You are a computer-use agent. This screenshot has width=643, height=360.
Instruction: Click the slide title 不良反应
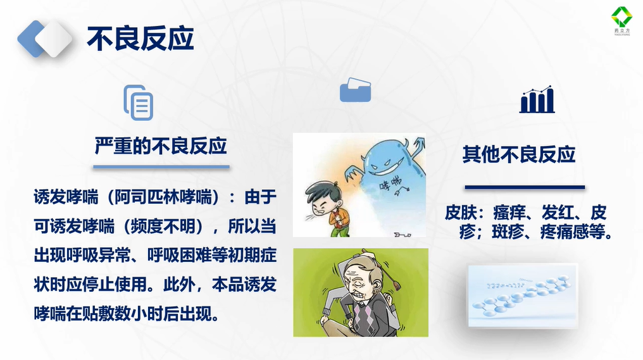(x=140, y=39)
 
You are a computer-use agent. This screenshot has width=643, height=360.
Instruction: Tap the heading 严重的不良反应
(x=161, y=146)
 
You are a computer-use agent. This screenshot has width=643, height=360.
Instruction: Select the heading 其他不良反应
(x=519, y=154)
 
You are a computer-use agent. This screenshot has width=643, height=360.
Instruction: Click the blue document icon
(x=139, y=102)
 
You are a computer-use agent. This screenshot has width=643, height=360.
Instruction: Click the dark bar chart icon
(x=537, y=99)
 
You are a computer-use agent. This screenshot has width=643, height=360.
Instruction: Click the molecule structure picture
(x=523, y=295)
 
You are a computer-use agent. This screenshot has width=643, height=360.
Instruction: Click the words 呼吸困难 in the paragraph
(x=179, y=256)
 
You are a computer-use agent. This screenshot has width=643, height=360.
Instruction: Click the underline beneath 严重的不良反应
(x=161, y=167)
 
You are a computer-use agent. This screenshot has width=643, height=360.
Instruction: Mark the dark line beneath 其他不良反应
(x=525, y=187)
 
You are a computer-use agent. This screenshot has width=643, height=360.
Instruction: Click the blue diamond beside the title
(x=31, y=39)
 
